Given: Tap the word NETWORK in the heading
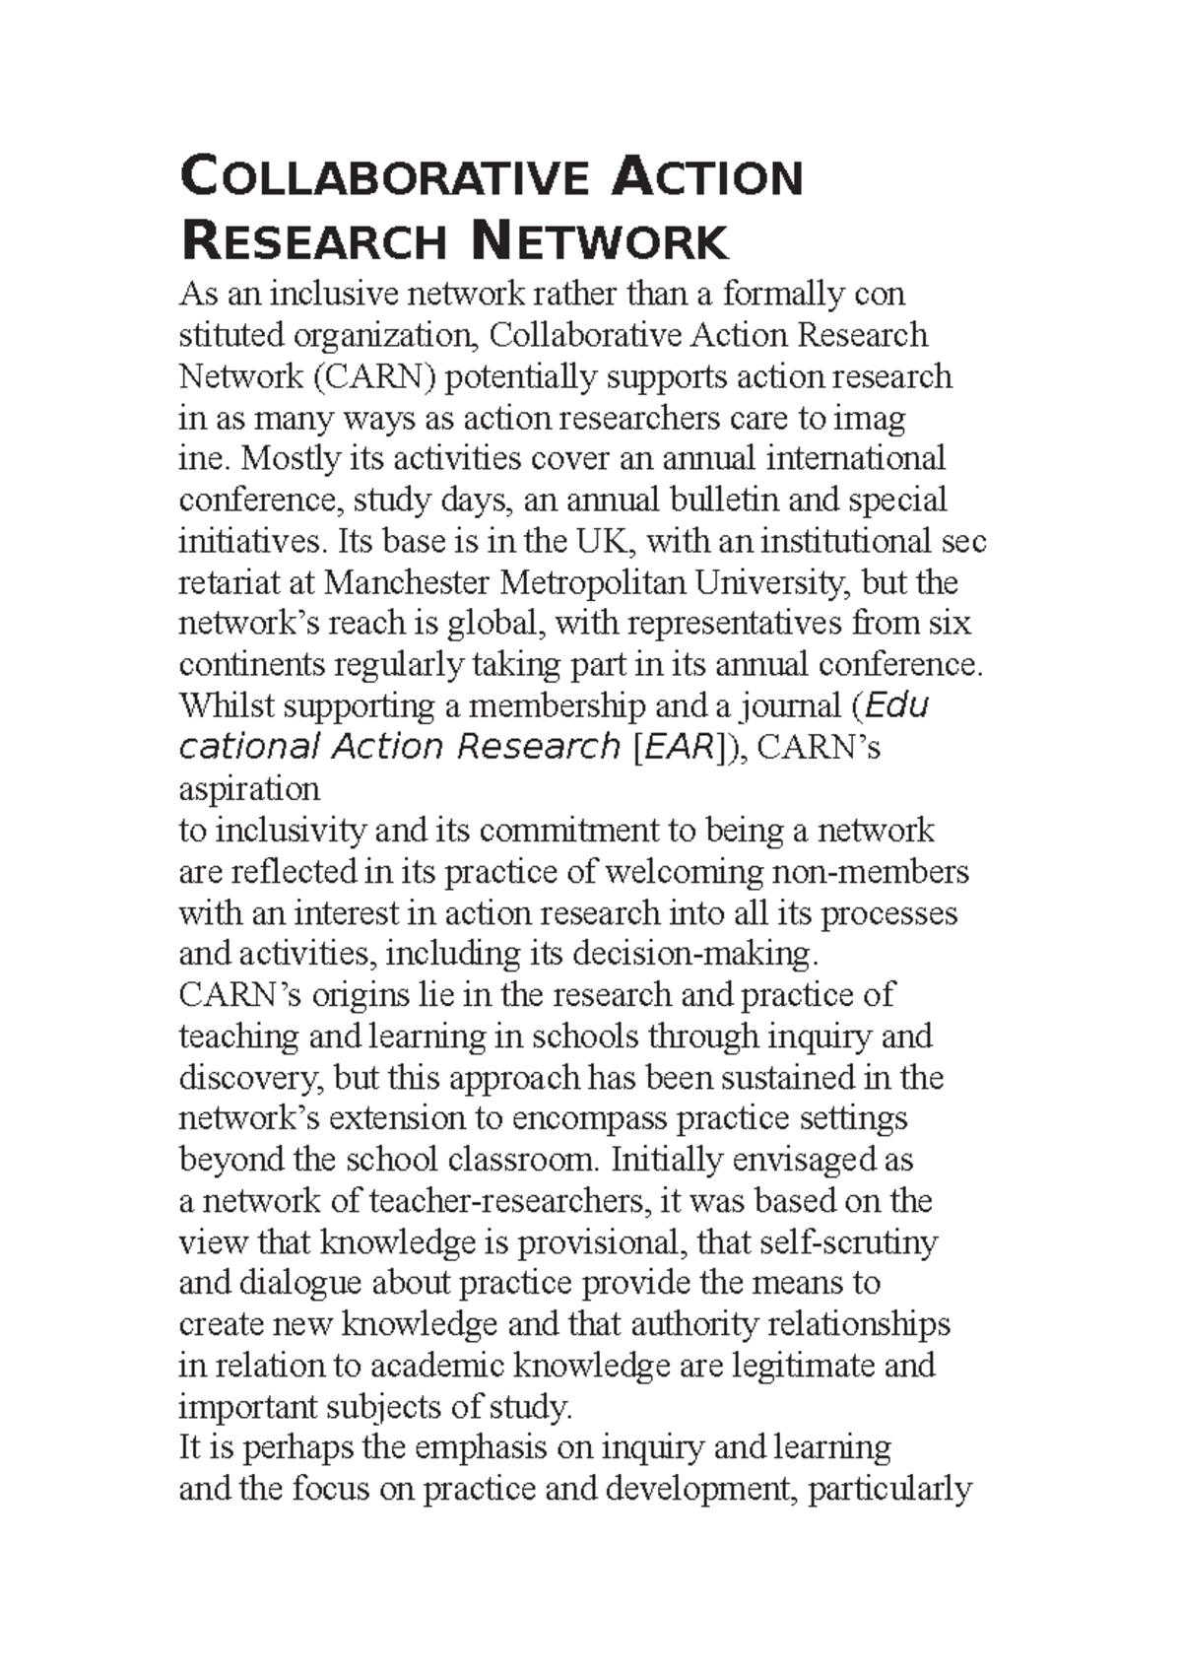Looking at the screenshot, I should click(x=600, y=242).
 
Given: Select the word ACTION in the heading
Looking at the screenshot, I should click(x=707, y=177).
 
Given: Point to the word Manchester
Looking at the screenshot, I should click(x=408, y=583).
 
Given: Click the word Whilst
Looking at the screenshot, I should click(x=222, y=706).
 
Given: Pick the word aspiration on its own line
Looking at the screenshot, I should click(x=249, y=789).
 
